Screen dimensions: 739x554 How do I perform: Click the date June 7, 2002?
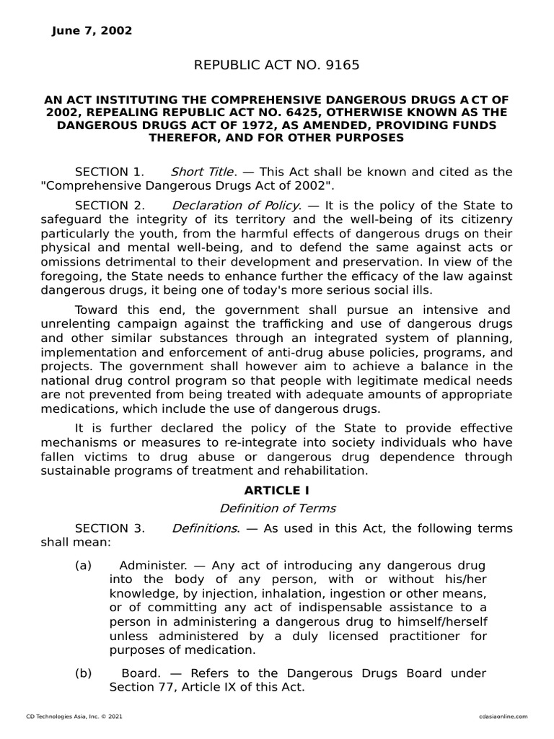pyautogui.click(x=92, y=30)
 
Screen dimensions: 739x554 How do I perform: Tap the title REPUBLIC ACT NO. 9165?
pyautogui.click(x=276, y=66)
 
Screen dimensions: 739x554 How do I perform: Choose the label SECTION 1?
pyautogui.click(x=110, y=172)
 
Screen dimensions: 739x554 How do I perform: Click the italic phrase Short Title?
pyautogui.click(x=202, y=172)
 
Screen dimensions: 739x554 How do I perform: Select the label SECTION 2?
pyautogui.click(x=110, y=205)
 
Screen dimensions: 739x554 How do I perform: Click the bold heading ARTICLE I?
pyautogui.click(x=277, y=491)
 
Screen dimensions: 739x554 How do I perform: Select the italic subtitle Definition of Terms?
pyautogui.click(x=277, y=508)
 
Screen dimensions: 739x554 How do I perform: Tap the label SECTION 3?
pyautogui.click(x=110, y=528)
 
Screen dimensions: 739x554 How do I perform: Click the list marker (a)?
pyautogui.click(x=84, y=564)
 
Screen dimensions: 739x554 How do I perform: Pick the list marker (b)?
pyautogui.click(x=84, y=673)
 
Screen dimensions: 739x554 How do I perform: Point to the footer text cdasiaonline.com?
pyautogui.click(x=502, y=716)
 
